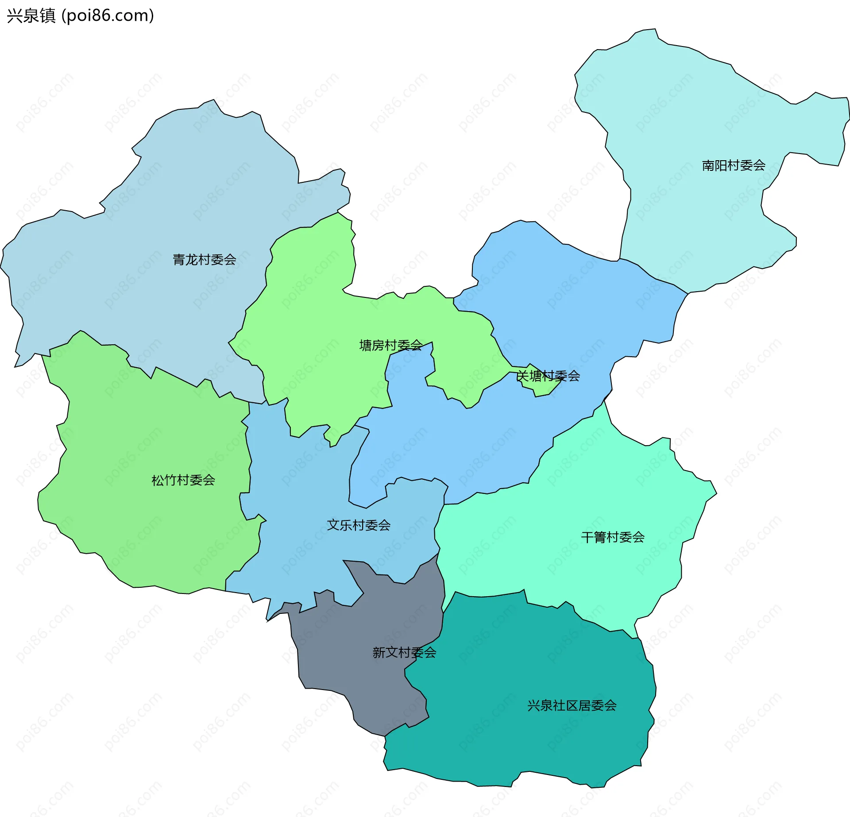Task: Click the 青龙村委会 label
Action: tap(204, 259)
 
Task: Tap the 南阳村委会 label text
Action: tap(734, 166)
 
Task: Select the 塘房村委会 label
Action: tap(390, 345)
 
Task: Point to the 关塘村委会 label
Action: tap(548, 376)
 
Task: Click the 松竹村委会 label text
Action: tap(183, 480)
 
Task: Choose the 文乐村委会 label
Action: tap(359, 525)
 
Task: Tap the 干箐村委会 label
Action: tap(613, 537)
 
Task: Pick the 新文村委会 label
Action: tap(404, 652)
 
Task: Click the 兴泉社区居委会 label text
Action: tap(572, 705)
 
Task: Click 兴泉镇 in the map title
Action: tap(31, 16)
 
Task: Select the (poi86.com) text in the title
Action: tap(108, 16)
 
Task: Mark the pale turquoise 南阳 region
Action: tap(691, 111)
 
